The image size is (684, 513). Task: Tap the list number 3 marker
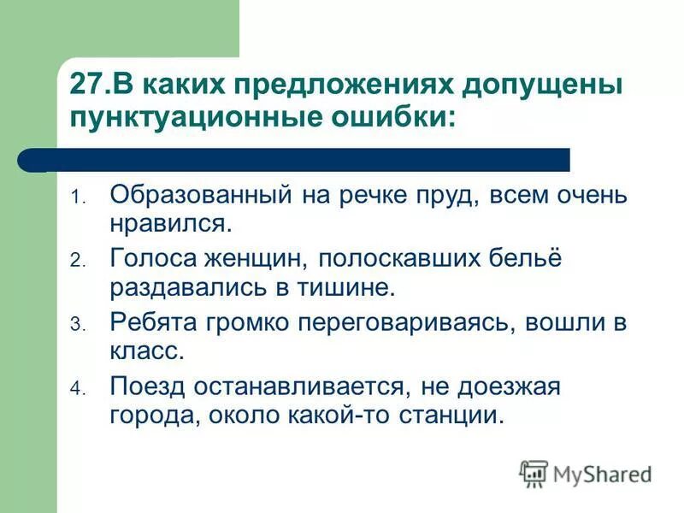(75, 326)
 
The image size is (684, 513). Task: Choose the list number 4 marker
(75, 389)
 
